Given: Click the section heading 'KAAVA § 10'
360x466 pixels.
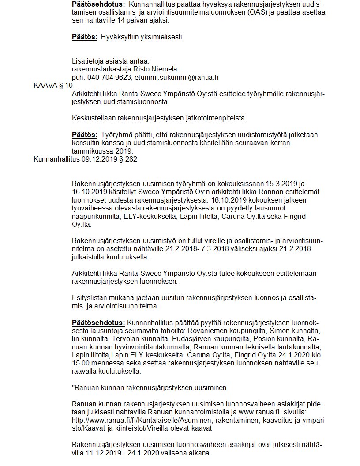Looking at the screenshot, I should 53,85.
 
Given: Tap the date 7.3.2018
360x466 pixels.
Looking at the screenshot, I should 210,249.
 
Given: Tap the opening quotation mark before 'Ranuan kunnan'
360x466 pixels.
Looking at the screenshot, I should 73,388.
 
